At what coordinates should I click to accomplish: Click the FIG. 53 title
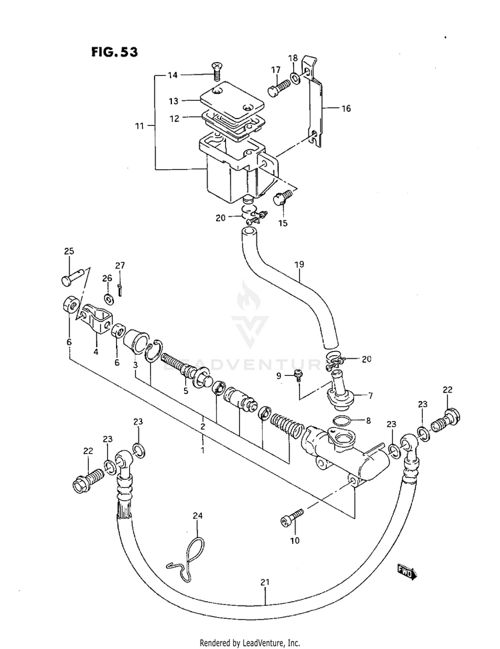114,52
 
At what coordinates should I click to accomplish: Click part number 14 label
173,75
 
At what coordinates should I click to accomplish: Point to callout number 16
346,109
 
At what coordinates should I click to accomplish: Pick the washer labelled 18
295,78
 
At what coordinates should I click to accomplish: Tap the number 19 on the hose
299,264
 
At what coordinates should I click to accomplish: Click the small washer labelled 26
109,298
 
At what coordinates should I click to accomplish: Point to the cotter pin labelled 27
119,289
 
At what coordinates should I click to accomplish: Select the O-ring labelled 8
343,420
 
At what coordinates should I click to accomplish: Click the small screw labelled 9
297,374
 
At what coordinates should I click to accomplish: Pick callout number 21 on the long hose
265,582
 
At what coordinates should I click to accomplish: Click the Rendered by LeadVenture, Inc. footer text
250,643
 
